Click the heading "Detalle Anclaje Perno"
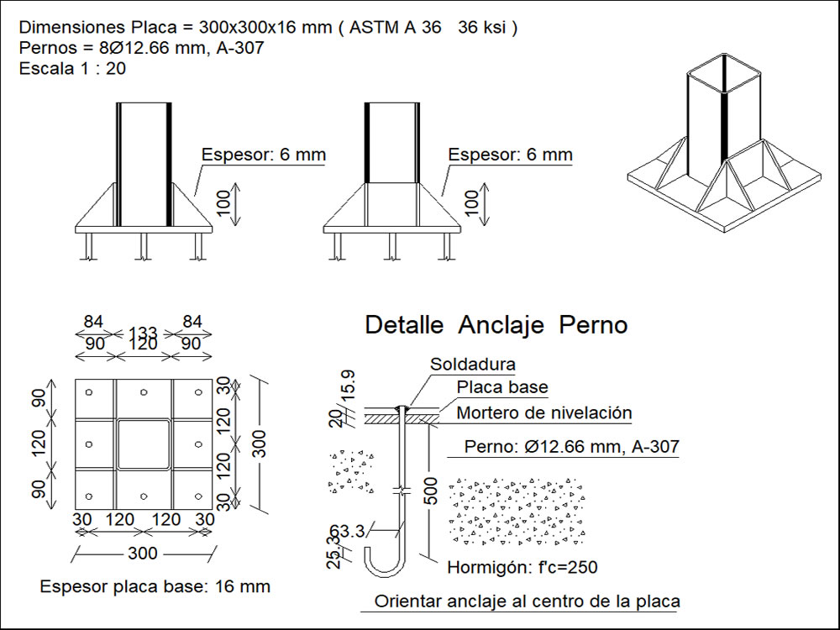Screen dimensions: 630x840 point(496,326)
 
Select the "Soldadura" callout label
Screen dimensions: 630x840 point(473,365)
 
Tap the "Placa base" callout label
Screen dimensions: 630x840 point(502,387)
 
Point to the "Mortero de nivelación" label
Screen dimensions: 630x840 point(543,413)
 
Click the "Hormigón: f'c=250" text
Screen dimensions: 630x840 point(522,568)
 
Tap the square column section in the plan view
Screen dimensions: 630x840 point(144,444)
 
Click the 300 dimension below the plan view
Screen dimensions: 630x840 point(144,553)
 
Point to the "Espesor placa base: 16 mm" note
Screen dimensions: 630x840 point(155,586)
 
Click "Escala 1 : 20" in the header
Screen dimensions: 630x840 point(72,69)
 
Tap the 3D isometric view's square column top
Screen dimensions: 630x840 point(723,67)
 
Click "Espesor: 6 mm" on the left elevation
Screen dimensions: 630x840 point(264,155)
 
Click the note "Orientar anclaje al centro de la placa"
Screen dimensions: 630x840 point(527,601)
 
